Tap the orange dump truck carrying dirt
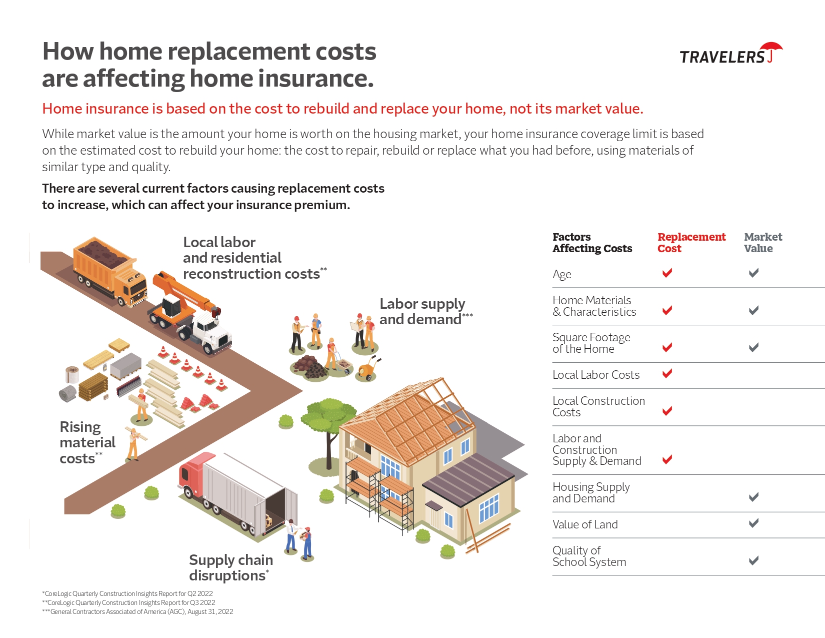(x=110, y=272)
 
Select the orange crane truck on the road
(x=190, y=312)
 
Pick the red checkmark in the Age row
(x=667, y=273)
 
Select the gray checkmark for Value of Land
(x=753, y=523)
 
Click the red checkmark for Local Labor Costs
(x=667, y=373)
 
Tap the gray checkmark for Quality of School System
(x=753, y=560)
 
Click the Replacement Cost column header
(x=691, y=242)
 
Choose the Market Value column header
(x=762, y=242)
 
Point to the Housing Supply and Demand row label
(x=591, y=492)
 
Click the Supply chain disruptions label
(x=231, y=568)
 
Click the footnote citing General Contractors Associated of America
(x=137, y=612)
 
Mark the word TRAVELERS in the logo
(x=722, y=57)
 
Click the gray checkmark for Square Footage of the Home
(x=753, y=347)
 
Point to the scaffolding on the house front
(x=379, y=494)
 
